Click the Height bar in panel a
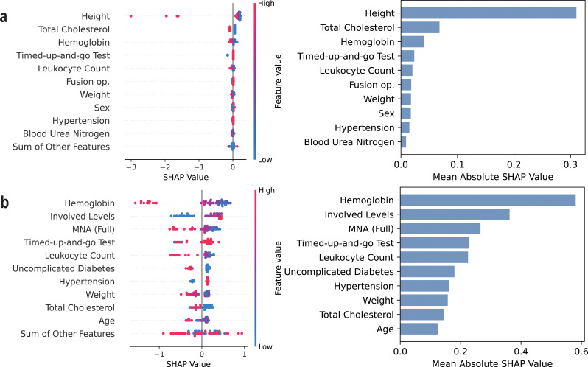489,13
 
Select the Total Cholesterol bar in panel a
420,27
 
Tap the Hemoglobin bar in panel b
488,200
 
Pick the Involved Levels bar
455,214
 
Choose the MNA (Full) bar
440,228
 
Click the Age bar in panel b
419,329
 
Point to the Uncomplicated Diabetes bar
427,271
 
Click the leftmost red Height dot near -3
131,15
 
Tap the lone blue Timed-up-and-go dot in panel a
228,55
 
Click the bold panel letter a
4,17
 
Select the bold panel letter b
4,202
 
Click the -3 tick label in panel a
131,167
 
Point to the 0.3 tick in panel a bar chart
570,164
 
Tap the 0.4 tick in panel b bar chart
521,352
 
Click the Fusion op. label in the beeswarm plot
88,81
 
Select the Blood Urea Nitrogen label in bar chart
349,142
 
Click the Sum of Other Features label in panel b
68,334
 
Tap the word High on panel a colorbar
266,4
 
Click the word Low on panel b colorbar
265,347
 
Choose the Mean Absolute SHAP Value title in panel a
493,177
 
